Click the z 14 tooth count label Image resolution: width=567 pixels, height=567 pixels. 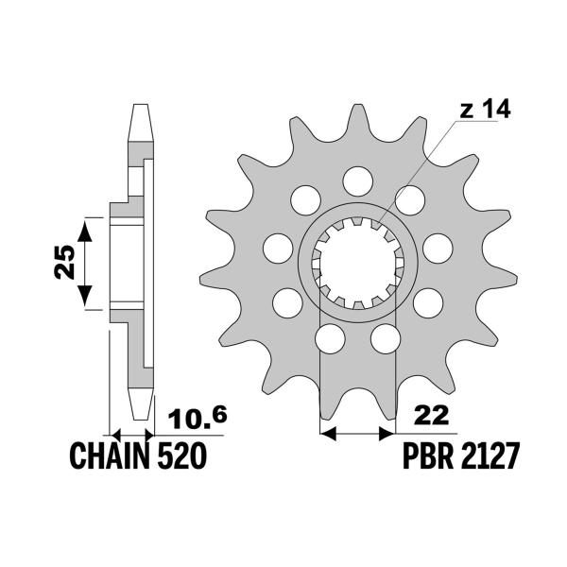[x=485, y=110]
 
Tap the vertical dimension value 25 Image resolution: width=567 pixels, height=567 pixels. [x=65, y=262]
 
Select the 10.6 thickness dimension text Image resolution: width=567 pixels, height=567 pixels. [x=198, y=418]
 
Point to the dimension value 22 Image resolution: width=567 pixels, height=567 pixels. [x=432, y=416]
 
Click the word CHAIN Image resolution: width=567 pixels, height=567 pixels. [x=110, y=456]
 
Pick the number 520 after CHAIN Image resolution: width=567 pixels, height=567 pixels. [x=181, y=456]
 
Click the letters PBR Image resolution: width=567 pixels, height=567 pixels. [x=428, y=456]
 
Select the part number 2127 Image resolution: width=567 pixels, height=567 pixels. [x=490, y=456]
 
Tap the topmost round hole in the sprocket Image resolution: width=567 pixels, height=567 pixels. [x=358, y=181]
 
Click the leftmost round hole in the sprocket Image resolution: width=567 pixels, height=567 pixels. [x=278, y=249]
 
